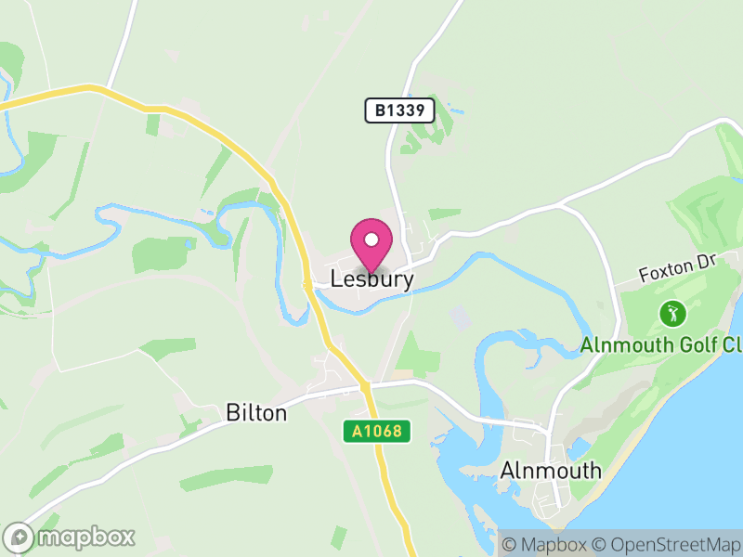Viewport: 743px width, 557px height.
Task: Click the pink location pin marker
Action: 371,243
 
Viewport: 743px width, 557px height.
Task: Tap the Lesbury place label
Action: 371,278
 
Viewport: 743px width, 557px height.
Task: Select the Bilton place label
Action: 256,413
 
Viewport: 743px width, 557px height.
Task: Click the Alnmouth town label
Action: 551,471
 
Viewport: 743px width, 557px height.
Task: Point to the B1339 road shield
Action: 399,111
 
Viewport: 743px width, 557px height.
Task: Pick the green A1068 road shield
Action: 376,431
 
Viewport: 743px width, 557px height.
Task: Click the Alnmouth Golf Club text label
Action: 662,345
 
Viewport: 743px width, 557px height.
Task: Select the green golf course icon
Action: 670,314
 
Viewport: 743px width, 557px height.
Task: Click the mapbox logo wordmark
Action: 86,538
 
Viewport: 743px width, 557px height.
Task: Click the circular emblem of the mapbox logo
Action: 20,538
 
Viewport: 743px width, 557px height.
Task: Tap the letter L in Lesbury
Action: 336,278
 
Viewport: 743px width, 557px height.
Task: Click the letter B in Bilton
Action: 232,413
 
